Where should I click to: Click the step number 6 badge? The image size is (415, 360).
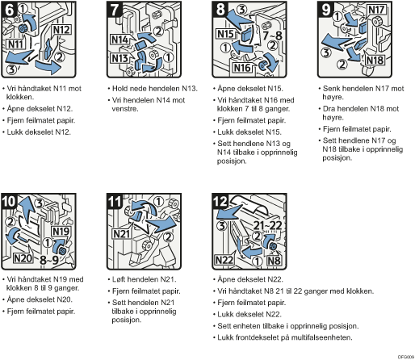10,10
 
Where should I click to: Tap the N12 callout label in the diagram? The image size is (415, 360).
61,30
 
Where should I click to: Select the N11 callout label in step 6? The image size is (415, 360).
15,44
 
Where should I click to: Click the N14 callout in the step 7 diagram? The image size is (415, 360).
119,40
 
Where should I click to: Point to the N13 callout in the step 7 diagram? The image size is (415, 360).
119,58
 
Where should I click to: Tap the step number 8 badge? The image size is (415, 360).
220,9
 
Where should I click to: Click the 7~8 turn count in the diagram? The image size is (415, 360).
272,36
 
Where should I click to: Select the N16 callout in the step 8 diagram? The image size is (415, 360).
242,68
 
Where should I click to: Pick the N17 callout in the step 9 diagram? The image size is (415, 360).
376,10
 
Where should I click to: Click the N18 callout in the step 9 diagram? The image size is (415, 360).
375,60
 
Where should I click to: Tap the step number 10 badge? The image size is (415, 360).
9,201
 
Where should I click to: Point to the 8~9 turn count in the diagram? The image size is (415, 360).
49,260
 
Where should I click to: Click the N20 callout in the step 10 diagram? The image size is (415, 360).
23,258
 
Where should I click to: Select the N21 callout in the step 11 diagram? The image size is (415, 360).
122,234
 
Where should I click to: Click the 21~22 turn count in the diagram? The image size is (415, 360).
268,225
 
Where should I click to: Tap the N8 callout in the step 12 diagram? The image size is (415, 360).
274,261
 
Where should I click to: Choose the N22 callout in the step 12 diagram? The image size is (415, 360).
224,260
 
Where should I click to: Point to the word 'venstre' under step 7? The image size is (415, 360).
125,109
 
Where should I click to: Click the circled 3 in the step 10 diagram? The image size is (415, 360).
40,203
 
